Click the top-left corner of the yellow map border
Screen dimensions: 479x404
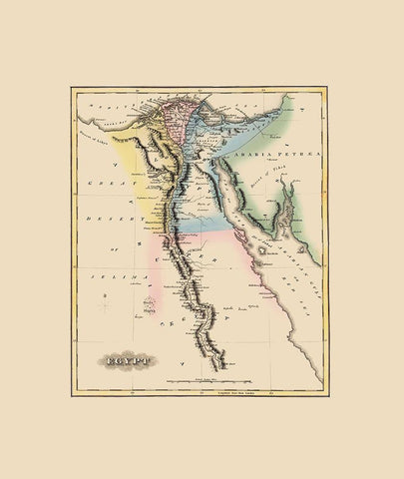pyautogui.click(x=72, y=87)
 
